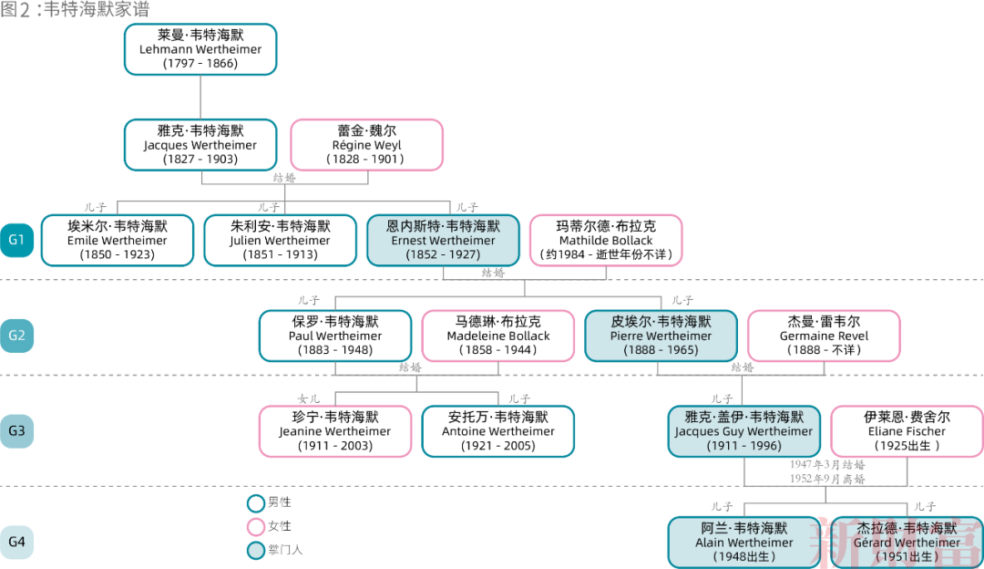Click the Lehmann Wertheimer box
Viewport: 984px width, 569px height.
click(x=200, y=49)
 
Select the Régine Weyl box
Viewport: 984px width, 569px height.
click(x=366, y=145)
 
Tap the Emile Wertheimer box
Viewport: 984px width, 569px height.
click(x=118, y=240)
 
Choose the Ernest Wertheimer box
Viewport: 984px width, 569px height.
click(x=443, y=240)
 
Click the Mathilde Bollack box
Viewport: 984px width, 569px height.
click(x=606, y=240)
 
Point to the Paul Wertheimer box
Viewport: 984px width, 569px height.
click(x=335, y=336)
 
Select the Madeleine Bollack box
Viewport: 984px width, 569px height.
click(x=498, y=336)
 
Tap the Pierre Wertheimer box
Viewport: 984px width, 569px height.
click(x=661, y=336)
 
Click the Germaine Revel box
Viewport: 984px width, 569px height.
click(x=824, y=336)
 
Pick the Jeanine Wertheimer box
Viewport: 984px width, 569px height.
click(x=335, y=431)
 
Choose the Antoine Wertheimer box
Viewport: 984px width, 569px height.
click(x=498, y=431)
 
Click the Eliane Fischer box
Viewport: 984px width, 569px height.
click(x=906, y=431)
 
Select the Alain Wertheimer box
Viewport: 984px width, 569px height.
click(x=744, y=543)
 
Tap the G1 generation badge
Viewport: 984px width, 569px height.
click(x=16, y=241)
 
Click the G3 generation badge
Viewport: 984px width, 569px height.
click(x=16, y=431)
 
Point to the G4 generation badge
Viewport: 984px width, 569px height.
click(x=16, y=543)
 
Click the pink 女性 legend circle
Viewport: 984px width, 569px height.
click(x=256, y=527)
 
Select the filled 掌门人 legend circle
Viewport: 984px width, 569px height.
click(x=256, y=550)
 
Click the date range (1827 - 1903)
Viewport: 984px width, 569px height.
click(x=200, y=159)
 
